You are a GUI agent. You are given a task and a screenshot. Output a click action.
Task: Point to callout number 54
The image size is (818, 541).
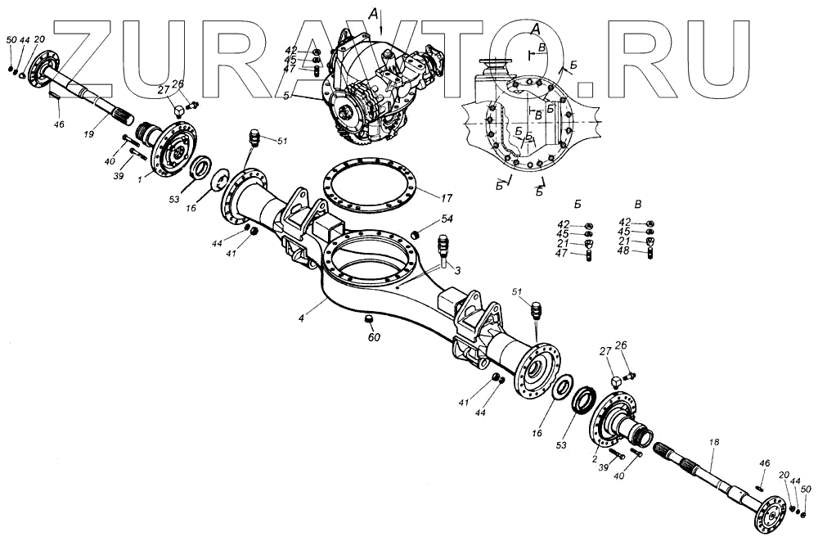(x=447, y=219)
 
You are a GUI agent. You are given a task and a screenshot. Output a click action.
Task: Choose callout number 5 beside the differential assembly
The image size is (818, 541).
(x=309, y=97)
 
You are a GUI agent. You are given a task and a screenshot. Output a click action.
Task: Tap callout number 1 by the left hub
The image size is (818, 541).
(x=140, y=178)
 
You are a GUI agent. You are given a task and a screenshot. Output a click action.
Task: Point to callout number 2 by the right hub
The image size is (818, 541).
(x=595, y=459)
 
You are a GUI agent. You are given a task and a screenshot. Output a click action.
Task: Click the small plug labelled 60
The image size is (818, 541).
(x=368, y=318)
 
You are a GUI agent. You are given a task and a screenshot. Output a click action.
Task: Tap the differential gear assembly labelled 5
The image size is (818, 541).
(x=376, y=90)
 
